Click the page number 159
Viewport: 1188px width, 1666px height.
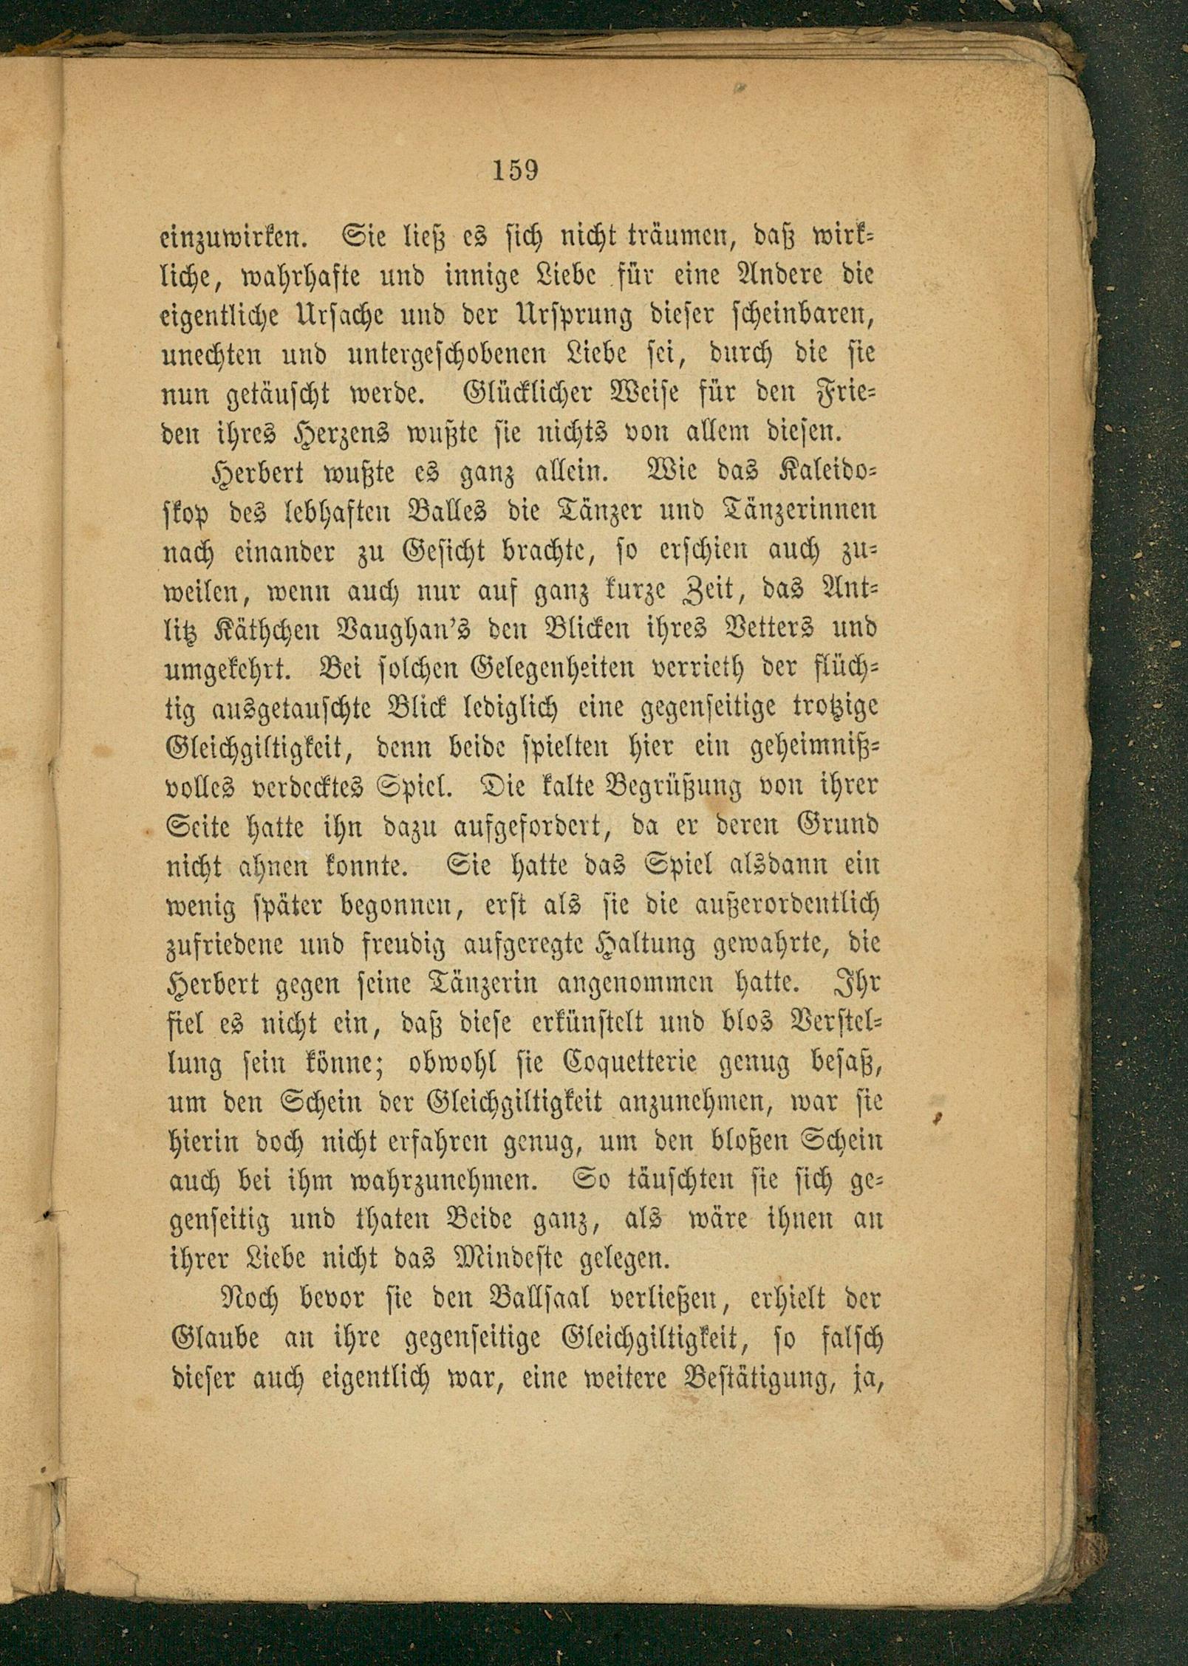515,171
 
